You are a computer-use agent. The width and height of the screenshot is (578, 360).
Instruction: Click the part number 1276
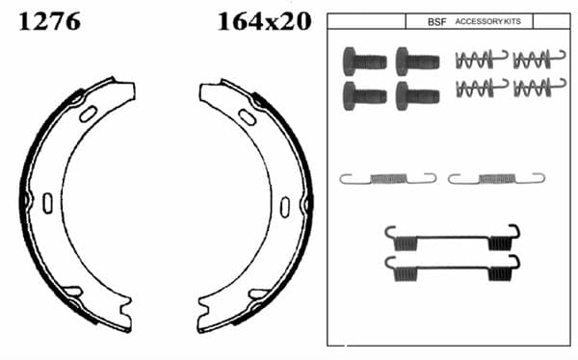pyautogui.click(x=49, y=21)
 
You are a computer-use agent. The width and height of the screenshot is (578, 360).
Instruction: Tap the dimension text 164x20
pyautogui.click(x=264, y=21)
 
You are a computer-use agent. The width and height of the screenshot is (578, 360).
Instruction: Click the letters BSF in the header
pyautogui.click(x=436, y=22)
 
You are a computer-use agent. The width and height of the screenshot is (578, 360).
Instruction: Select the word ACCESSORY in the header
pyautogui.click(x=479, y=21)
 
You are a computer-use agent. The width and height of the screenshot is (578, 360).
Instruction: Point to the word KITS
pyautogui.click(x=512, y=21)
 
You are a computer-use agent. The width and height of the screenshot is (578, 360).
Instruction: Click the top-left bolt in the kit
pyautogui.click(x=364, y=62)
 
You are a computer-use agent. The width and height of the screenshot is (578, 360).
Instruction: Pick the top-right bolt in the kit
pyautogui.click(x=418, y=62)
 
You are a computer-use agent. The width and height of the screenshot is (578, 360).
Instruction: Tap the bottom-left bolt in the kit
pyautogui.click(x=364, y=96)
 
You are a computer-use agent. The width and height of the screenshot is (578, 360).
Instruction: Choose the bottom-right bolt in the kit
pyautogui.click(x=418, y=96)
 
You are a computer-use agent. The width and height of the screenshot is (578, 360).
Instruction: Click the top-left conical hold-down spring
pyautogui.click(x=481, y=60)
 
